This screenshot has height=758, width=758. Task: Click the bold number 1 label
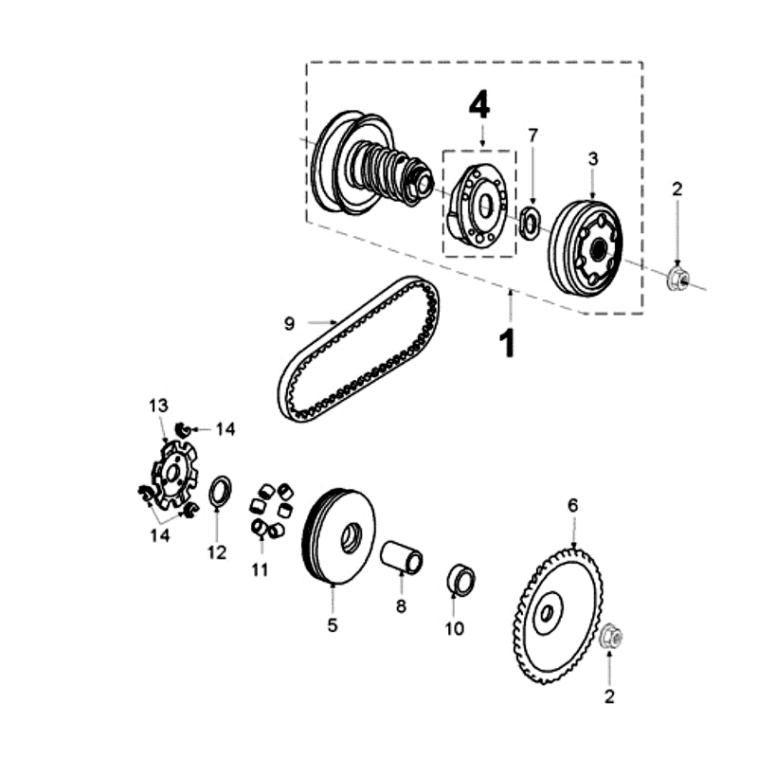pyautogui.click(x=509, y=342)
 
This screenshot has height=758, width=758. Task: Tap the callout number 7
pyautogui.click(x=532, y=135)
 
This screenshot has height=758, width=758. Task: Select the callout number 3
pyautogui.click(x=593, y=158)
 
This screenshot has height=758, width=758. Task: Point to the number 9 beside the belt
pyautogui.click(x=289, y=324)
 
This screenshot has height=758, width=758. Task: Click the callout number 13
pyautogui.click(x=157, y=406)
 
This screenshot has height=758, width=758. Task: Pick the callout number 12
pyautogui.click(x=217, y=552)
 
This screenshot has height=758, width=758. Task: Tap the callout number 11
pyautogui.click(x=260, y=569)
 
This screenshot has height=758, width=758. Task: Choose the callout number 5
pyautogui.click(x=333, y=624)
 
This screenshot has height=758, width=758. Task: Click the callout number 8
pyautogui.click(x=401, y=605)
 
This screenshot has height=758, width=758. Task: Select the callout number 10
pyautogui.click(x=455, y=627)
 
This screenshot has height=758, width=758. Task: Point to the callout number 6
pyautogui.click(x=572, y=505)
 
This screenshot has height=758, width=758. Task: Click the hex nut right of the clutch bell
pyautogui.click(x=677, y=279)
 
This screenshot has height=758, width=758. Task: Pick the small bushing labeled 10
pyautogui.click(x=460, y=579)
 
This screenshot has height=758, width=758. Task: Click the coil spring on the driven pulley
pyautogui.click(x=387, y=171)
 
